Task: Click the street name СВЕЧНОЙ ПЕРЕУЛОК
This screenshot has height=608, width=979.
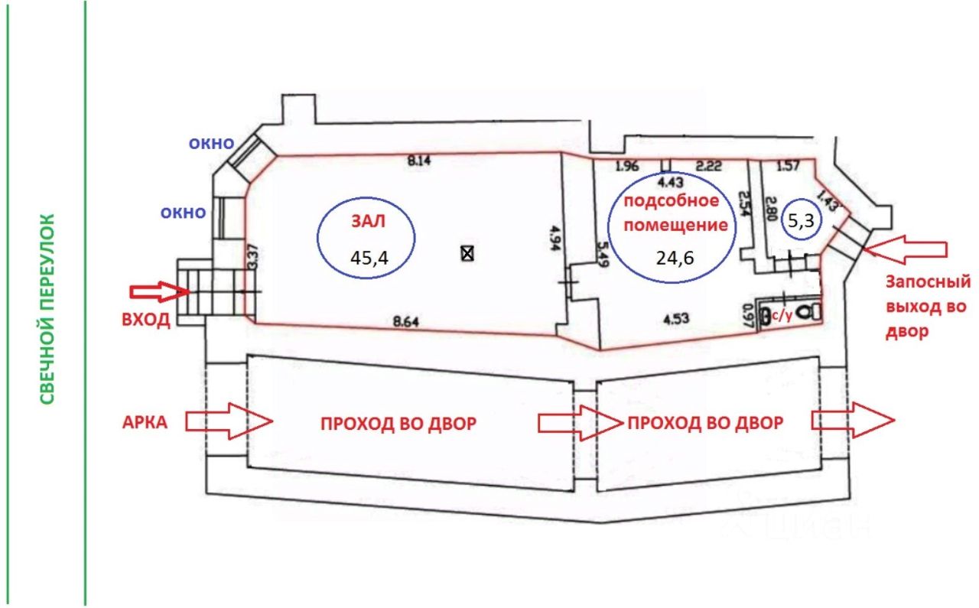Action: pyautogui.click(x=47, y=309)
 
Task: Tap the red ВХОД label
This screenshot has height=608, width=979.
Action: pyautogui.click(x=145, y=320)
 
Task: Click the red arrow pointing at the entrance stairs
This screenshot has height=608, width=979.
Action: pyautogui.click(x=160, y=291)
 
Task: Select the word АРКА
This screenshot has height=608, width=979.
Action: pyautogui.click(x=145, y=423)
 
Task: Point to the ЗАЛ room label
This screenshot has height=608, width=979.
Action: pyautogui.click(x=369, y=221)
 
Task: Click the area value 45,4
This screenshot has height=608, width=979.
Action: pyautogui.click(x=369, y=258)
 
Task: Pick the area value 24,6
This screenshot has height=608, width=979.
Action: pyautogui.click(x=675, y=258)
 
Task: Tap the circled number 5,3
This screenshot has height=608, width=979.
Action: pyautogui.click(x=801, y=220)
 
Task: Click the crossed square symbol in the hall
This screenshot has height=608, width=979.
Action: pyautogui.click(x=467, y=253)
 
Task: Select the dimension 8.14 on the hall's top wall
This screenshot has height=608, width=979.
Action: pyautogui.click(x=418, y=161)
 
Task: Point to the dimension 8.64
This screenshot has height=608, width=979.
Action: pyautogui.click(x=405, y=322)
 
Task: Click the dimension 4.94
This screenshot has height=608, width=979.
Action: pyautogui.click(x=555, y=238)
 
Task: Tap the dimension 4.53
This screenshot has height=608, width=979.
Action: pyautogui.click(x=675, y=320)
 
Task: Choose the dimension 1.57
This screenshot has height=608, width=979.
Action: pyautogui.click(x=788, y=166)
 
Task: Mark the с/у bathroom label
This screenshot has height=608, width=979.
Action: pyautogui.click(x=782, y=316)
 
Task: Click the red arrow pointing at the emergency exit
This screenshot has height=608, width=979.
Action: pyautogui.click(x=905, y=249)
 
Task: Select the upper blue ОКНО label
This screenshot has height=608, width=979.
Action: pyautogui.click(x=211, y=143)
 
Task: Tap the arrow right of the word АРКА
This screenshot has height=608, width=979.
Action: pyautogui.click(x=229, y=421)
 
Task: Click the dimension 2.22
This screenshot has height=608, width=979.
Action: pyautogui.click(x=708, y=166)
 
